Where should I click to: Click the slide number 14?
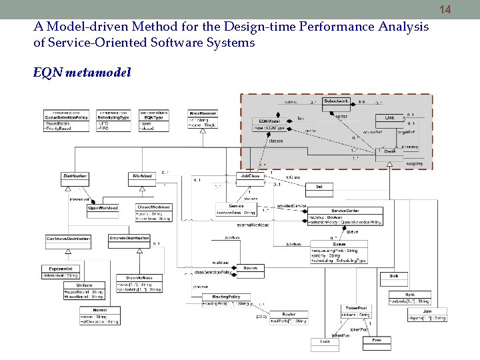click(465, 9)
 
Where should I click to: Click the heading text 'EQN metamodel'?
click(82, 72)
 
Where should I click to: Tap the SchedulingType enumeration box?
click(114, 120)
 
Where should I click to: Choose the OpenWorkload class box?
click(103, 208)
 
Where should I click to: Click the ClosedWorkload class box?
click(154, 213)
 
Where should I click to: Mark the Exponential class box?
click(61, 271)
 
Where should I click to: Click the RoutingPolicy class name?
click(226, 296)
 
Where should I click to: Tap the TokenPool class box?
click(353, 311)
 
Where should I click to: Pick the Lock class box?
click(325, 343)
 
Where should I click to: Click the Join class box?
click(427, 314)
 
